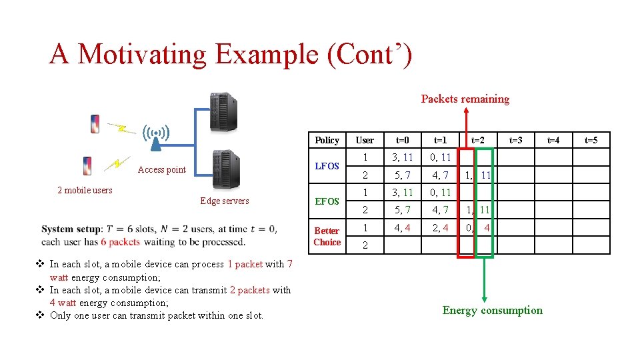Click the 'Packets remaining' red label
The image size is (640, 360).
(465, 99)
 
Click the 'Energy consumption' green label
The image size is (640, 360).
(492, 310)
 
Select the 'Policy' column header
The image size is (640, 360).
(327, 140)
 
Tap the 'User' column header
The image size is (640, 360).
(365, 140)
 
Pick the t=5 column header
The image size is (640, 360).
(591, 140)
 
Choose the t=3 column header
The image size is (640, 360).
(515, 140)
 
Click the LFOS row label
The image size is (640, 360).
(327, 166)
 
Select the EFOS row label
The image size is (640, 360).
(327, 201)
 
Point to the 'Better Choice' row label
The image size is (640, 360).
(327, 236)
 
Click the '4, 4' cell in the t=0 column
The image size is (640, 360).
(403, 227)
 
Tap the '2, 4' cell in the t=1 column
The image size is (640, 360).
(440, 227)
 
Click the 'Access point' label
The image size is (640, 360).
(161, 170)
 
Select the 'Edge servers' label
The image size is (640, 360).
(224, 201)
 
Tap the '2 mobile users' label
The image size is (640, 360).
(85, 190)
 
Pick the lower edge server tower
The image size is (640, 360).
(225, 170)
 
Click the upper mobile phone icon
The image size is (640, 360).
(95, 124)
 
